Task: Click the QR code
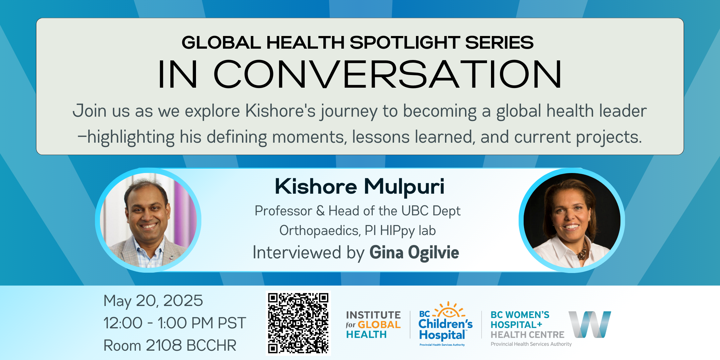[298, 323]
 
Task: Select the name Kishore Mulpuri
[359, 186]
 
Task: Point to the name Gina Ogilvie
[414, 252]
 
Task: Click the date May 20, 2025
[153, 301]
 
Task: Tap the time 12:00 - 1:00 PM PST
[175, 323]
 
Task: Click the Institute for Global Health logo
[373, 325]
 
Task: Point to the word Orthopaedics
[319, 231]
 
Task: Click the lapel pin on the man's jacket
[171, 257]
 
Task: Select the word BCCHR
[211, 345]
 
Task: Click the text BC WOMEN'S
[520, 315]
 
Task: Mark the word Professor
[283, 211]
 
